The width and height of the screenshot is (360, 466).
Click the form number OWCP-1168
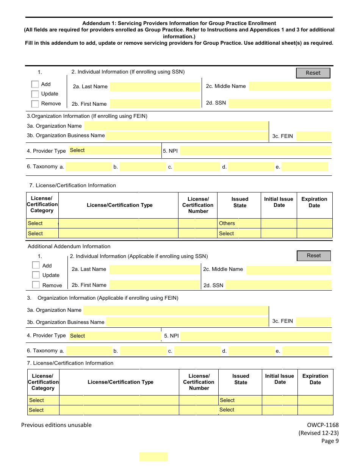click(323, 425)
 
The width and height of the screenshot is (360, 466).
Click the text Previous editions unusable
click(56, 425)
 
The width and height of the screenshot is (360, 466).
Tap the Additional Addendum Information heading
click(69, 246)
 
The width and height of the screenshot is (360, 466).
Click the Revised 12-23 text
click(319, 433)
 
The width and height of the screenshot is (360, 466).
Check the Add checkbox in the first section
click(35, 84)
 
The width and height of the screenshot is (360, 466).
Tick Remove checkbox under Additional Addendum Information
click(36, 285)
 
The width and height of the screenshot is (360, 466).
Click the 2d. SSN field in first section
click(279, 103)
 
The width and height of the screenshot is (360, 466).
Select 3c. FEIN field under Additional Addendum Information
click(313, 322)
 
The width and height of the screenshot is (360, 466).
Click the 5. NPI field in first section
click(255, 151)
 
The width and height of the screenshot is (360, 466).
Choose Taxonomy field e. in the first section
click(305, 167)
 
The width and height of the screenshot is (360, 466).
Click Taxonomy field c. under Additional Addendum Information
click(197, 351)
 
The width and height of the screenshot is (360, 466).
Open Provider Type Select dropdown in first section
click(114, 150)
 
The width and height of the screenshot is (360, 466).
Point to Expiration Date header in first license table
click(314, 202)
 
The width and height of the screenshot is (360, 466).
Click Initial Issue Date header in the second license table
click(280, 379)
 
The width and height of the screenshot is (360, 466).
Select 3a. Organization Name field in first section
click(176, 126)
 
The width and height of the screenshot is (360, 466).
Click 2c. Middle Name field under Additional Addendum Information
click(288, 270)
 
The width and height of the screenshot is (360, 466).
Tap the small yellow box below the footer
click(153, 457)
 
